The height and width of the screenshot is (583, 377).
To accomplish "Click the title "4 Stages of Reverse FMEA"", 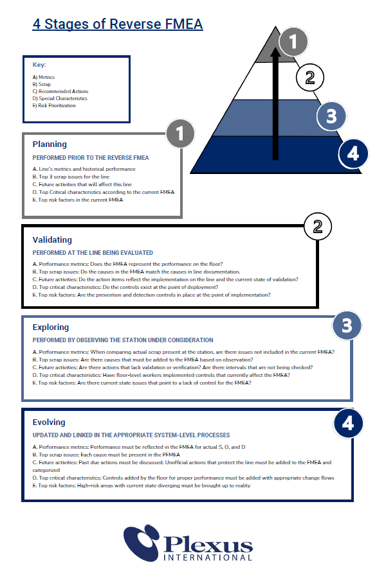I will (117, 24).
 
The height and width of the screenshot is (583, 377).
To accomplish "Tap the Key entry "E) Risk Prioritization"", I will (54, 105).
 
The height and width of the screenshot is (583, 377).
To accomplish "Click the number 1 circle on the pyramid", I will (293, 42).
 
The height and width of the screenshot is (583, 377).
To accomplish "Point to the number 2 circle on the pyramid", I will (310, 78).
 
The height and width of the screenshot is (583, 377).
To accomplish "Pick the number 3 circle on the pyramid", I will (331, 116).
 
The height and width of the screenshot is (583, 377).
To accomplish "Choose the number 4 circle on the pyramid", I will (353, 154).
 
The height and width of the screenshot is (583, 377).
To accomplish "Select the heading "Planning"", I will (50, 144).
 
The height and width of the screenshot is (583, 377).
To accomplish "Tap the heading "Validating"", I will (52, 239).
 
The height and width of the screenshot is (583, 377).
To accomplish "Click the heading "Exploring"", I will (51, 327).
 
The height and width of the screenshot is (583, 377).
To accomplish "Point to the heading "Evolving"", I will (50, 422).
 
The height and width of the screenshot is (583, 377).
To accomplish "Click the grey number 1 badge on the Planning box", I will (180, 134).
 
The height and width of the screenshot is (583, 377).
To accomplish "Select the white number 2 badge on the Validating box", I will (317, 226).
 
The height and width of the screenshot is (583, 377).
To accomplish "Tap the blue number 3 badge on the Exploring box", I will (347, 326).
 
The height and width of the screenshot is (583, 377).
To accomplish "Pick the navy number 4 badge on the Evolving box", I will (348, 423).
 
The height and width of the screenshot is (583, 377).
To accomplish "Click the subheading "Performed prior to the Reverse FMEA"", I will (91, 157).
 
